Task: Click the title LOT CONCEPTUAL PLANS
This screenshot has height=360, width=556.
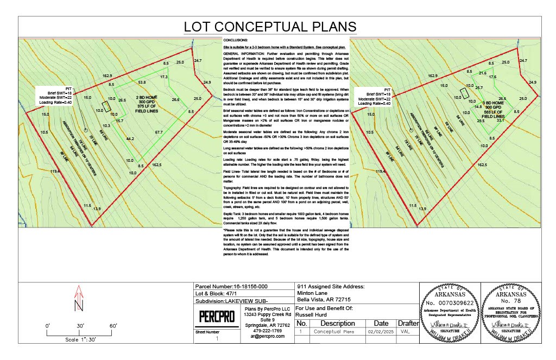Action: tap(270, 27)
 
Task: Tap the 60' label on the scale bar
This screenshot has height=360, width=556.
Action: tap(114, 326)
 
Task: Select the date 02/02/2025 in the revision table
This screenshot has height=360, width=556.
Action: tap(379, 330)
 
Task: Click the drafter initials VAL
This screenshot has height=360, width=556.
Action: tap(405, 330)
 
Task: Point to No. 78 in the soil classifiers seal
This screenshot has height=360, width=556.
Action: tap(514, 300)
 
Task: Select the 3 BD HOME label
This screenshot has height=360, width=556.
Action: tap(495, 102)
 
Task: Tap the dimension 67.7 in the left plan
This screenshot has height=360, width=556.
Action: tap(159, 132)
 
